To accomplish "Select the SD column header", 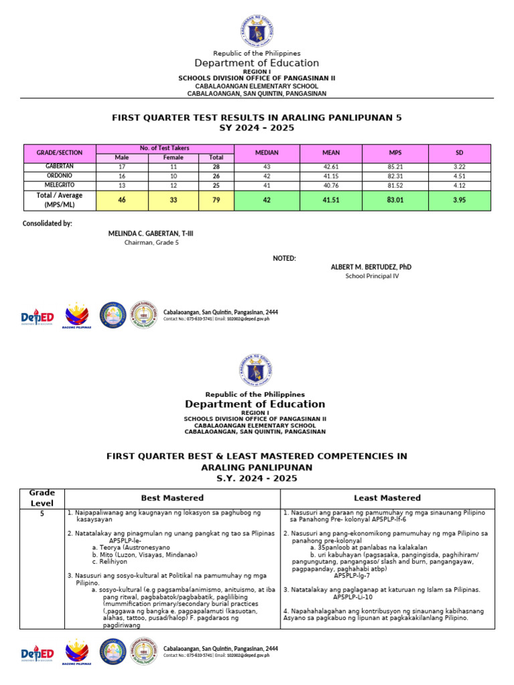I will pyautogui.click(x=459, y=153).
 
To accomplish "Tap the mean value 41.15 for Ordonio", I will pyautogui.click(x=331, y=175).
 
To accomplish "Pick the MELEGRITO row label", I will pyautogui.click(x=60, y=184).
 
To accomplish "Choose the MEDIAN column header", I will pyautogui.click(x=267, y=153).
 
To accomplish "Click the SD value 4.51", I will pyautogui.click(x=459, y=175).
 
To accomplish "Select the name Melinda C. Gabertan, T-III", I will pyautogui.click(x=151, y=233).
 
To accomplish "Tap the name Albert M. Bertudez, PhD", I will pyautogui.click(x=371, y=267).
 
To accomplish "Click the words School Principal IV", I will pyautogui.click(x=371, y=276).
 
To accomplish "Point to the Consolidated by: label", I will pyautogui.click(x=48, y=223).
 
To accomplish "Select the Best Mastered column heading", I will pyautogui.click(x=172, y=498).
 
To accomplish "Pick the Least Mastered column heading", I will pyautogui.click(x=388, y=498).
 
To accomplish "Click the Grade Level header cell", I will pyautogui.click(x=43, y=498).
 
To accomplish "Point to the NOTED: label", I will pyautogui.click(x=284, y=258).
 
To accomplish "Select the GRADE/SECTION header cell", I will pyautogui.click(x=60, y=153).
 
